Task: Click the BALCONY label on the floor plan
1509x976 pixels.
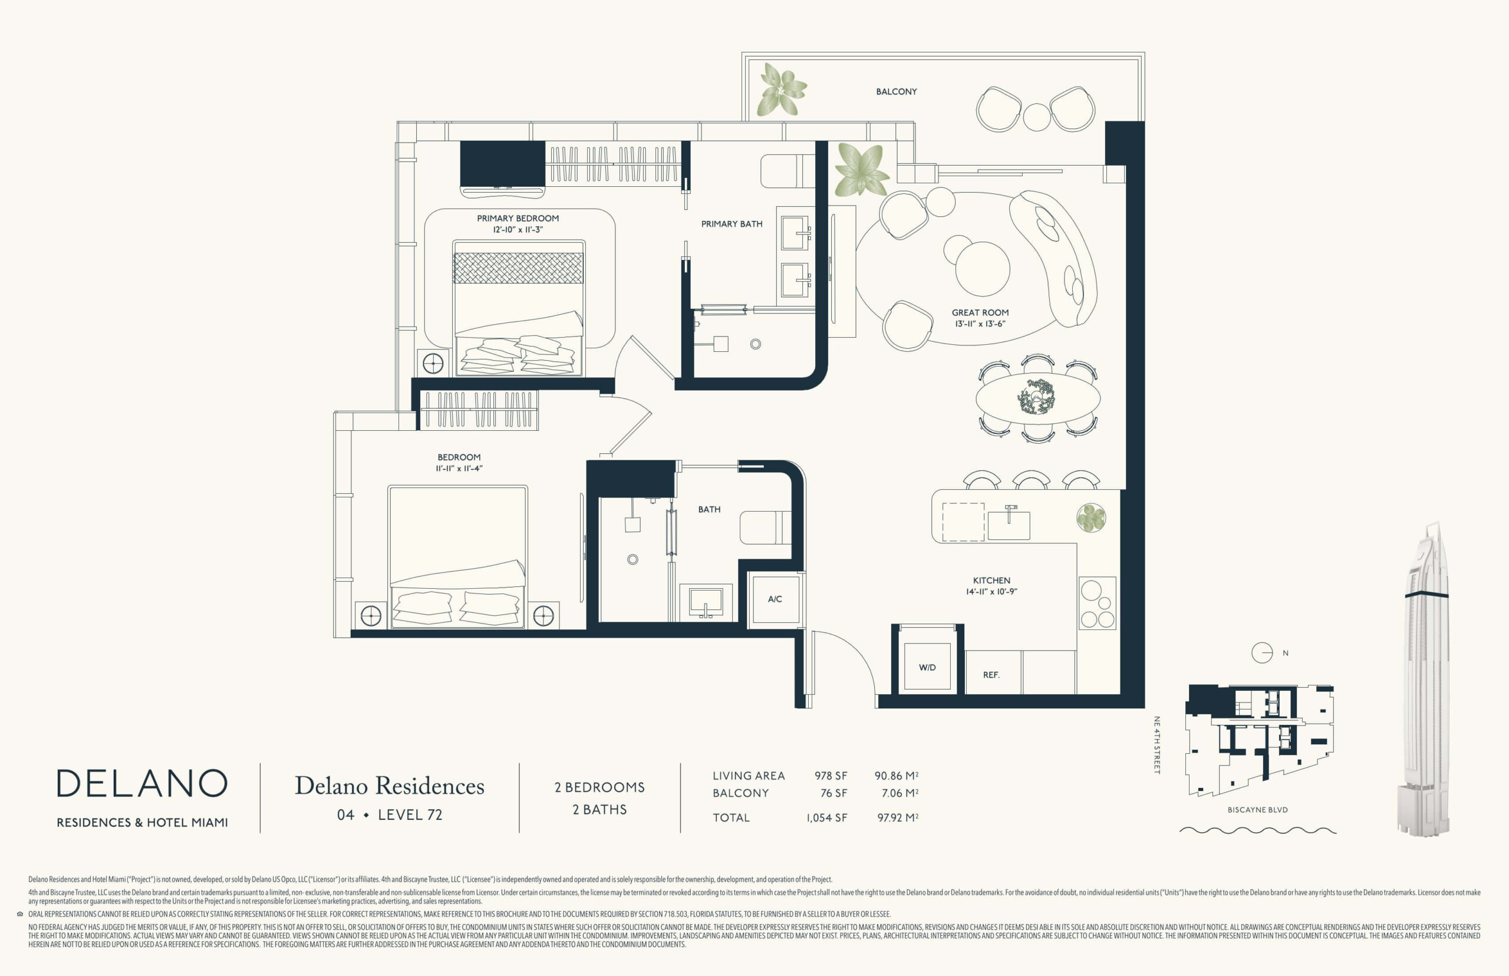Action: tap(896, 92)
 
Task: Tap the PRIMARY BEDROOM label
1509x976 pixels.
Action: tap(518, 219)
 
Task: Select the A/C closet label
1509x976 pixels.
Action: tap(775, 599)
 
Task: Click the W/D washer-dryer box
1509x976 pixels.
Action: tap(927, 667)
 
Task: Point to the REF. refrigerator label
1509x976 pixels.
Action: tap(991, 675)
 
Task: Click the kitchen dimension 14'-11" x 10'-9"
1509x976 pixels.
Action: tap(992, 592)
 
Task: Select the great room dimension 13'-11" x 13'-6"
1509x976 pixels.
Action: tap(980, 324)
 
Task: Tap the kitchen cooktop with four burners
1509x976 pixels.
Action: tap(1097, 603)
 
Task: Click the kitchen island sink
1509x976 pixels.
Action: tap(1009, 524)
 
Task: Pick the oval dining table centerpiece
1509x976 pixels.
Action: tap(1037, 398)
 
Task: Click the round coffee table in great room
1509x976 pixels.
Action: tap(983, 269)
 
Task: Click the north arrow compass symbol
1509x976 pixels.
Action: tap(1262, 653)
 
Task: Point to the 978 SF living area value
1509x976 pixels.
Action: tap(831, 776)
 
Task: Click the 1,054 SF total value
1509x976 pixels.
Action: tap(826, 817)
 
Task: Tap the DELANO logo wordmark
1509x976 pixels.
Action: tap(142, 783)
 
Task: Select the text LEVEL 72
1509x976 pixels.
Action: tap(410, 815)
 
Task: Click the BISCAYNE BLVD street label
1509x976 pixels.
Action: tap(1257, 810)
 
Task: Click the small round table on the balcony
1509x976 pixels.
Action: tap(1037, 117)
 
